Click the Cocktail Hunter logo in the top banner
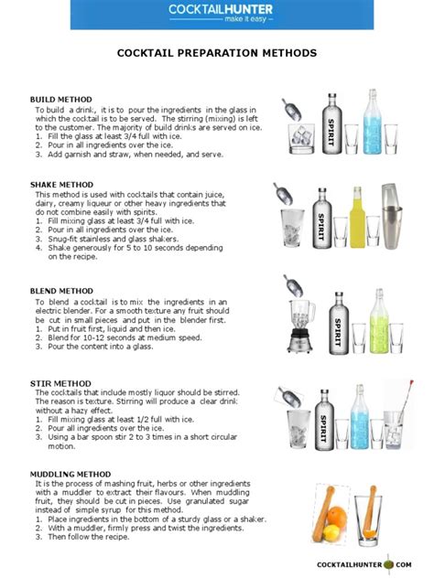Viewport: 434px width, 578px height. pyautogui.click(x=216, y=13)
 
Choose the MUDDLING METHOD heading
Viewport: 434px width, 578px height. pyautogui.click(x=71, y=473)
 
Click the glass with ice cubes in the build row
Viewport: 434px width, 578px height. pyautogui.click(x=301, y=140)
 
